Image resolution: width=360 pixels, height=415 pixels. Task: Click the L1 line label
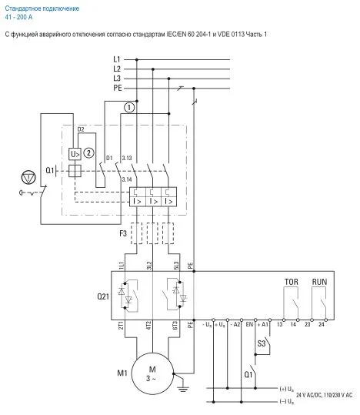pyautogui.click(x=117, y=59)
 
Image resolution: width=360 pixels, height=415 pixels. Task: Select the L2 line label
pyautogui.click(x=117, y=69)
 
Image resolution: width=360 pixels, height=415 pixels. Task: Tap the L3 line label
pyautogui.click(x=117, y=79)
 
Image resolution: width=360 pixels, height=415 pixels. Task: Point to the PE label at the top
pyautogui.click(x=117, y=89)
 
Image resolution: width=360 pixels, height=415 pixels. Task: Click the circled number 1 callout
pyautogui.click(x=129, y=108)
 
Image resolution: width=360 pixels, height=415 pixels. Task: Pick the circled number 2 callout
pyautogui.click(x=88, y=152)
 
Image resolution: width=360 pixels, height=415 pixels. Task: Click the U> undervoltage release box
pyautogui.click(x=75, y=152)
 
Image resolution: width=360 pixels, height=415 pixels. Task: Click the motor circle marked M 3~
pyautogui.click(x=152, y=370)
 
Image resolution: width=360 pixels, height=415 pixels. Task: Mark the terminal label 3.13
pyautogui.click(x=127, y=159)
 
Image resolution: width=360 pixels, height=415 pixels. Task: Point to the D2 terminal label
pyautogui.click(x=81, y=130)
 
